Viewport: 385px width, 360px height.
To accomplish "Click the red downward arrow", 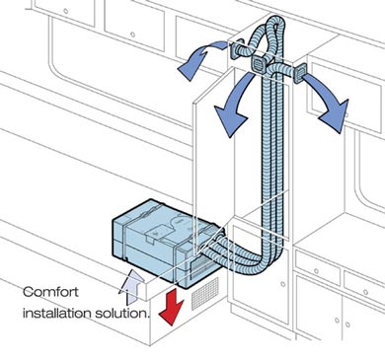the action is [x=171, y=305].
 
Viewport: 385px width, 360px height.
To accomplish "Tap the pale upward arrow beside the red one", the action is [x=131, y=286].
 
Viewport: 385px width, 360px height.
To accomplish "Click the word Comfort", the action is [x=51, y=292].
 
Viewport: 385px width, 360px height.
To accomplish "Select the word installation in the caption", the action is [x=57, y=313].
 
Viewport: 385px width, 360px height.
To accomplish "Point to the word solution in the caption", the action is [x=121, y=313].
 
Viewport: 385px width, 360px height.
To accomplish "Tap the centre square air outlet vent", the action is [x=260, y=63].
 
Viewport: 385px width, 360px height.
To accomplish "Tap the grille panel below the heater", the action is [x=204, y=293].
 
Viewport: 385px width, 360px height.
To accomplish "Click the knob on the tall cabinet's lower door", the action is [x=283, y=284].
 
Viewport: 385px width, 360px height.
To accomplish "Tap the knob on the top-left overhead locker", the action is [x=66, y=11].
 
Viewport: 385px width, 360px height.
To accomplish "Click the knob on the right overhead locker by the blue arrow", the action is [x=346, y=115].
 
